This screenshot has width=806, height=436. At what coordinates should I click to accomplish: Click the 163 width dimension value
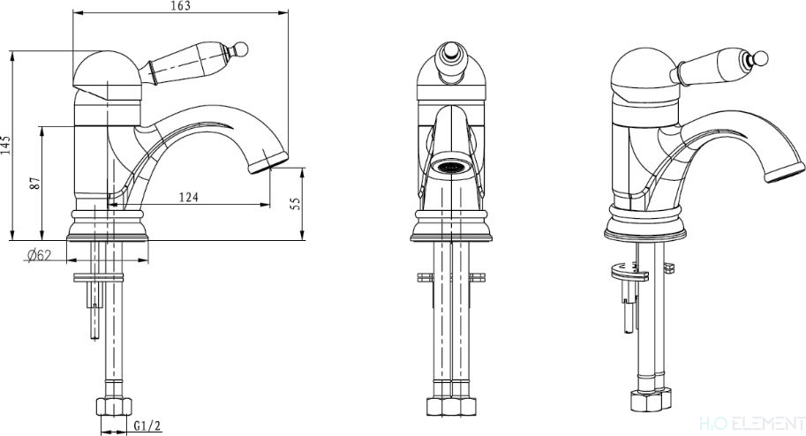[x=180, y=5]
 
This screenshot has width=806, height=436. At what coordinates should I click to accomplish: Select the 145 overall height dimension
[x=5, y=146]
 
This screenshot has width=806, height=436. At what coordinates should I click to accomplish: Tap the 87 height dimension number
[x=35, y=183]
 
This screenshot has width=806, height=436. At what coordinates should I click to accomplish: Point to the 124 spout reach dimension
[x=189, y=197]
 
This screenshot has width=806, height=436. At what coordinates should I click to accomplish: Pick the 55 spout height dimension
[x=295, y=204]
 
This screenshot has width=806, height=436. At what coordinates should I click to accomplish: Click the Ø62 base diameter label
[x=40, y=255]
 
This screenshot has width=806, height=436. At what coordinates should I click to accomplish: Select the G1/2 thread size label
[x=147, y=425]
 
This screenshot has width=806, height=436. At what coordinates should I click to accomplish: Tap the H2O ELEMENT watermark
[x=752, y=424]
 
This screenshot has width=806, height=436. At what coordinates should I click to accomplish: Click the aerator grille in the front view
[x=451, y=166]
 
